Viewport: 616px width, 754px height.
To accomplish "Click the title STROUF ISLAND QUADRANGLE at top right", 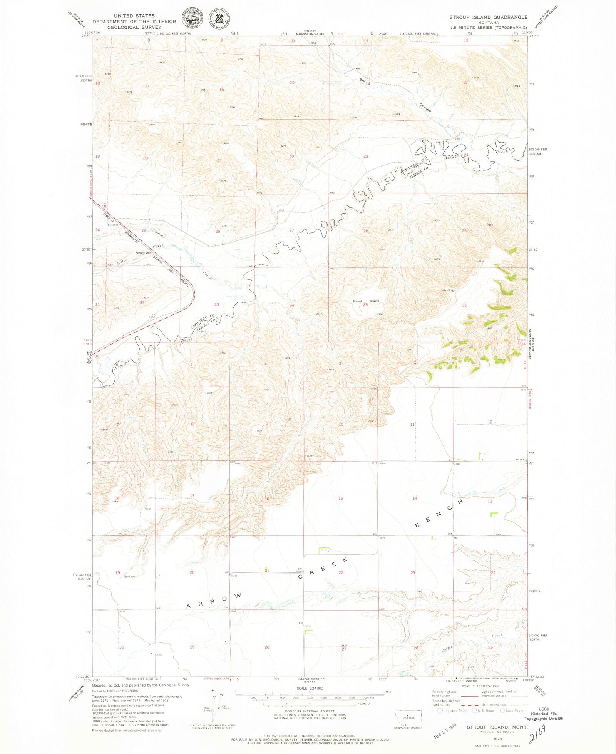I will (488, 17).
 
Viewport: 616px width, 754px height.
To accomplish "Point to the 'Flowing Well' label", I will (143, 253).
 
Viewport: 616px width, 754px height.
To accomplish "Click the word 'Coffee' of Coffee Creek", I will (447, 648).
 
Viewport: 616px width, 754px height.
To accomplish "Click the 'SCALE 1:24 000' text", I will (310, 688).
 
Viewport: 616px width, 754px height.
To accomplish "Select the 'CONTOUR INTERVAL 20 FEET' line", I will (310, 711).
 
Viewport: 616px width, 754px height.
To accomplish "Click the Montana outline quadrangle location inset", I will (408, 717).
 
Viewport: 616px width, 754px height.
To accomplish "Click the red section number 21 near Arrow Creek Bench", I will (266, 570).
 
